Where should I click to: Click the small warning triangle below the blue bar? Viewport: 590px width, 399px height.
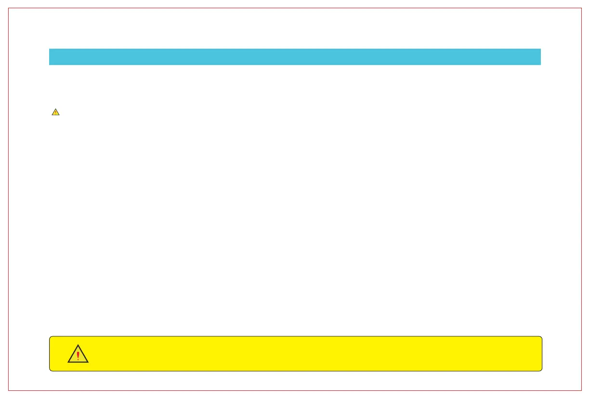point(55,112)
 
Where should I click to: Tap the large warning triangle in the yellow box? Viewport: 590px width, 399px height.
point(78,355)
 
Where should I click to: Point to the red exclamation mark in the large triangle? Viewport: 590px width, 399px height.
point(78,356)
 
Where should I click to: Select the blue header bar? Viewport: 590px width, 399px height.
point(295,57)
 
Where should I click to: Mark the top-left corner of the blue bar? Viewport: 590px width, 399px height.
point(49,49)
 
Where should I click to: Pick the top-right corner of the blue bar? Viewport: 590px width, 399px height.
point(541,49)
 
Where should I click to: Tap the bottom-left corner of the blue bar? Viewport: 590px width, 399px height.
point(49,65)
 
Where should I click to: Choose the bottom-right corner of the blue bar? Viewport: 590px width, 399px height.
point(541,65)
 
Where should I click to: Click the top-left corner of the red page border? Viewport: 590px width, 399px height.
point(8,8)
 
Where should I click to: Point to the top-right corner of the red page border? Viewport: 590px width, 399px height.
point(582,8)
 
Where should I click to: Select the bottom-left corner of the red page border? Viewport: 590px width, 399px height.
point(8,390)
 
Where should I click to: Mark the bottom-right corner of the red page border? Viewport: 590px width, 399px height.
point(582,390)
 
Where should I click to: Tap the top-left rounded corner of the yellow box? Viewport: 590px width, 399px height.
point(51,337)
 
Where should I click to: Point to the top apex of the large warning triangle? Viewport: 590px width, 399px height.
point(78,345)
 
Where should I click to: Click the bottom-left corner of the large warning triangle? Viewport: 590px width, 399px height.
point(68,362)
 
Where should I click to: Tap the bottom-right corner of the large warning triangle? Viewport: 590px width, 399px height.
point(88,362)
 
